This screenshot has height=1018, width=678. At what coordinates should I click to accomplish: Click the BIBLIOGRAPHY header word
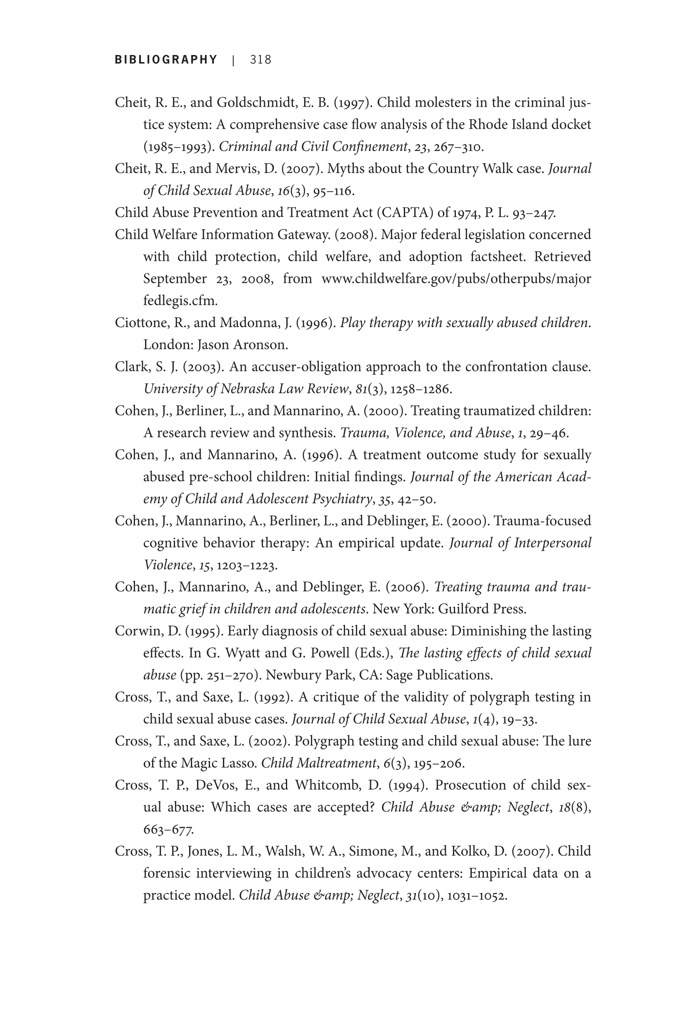point(166,60)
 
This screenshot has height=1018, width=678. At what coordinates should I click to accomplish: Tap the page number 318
point(261,60)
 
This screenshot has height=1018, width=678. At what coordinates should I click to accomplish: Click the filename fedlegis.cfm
point(180,301)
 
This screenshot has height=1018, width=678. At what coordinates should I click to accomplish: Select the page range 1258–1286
point(421,389)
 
